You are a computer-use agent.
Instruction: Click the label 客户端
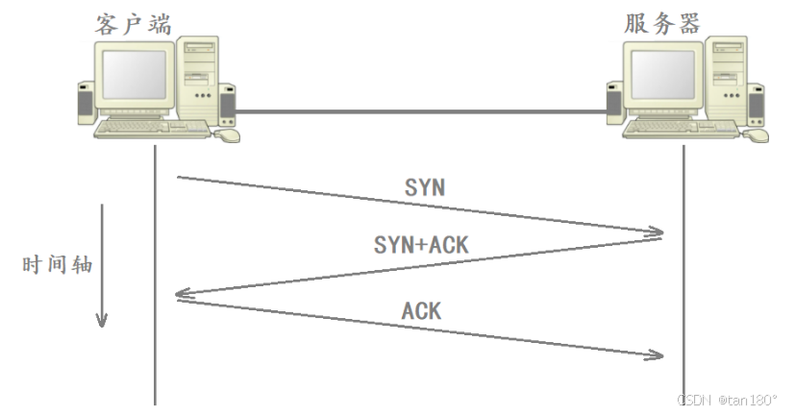pyautogui.click(x=134, y=23)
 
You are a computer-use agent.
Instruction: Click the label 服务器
pyautogui.click(x=662, y=23)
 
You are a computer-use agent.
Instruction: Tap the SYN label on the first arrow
pyautogui.click(x=423, y=187)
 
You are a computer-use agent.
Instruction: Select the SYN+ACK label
pyautogui.click(x=421, y=245)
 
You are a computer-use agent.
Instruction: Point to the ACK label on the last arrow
pyautogui.click(x=421, y=310)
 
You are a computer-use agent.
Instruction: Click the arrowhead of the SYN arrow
pyautogui.click(x=657, y=232)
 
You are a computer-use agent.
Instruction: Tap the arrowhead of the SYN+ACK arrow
pyautogui.click(x=182, y=296)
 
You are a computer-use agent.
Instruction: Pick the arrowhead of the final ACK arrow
pyautogui.click(x=657, y=355)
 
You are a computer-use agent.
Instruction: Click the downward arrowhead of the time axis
pyautogui.click(x=101, y=320)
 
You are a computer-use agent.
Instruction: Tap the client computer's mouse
pyautogui.click(x=228, y=135)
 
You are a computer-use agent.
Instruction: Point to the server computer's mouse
pyautogui.click(x=758, y=135)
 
